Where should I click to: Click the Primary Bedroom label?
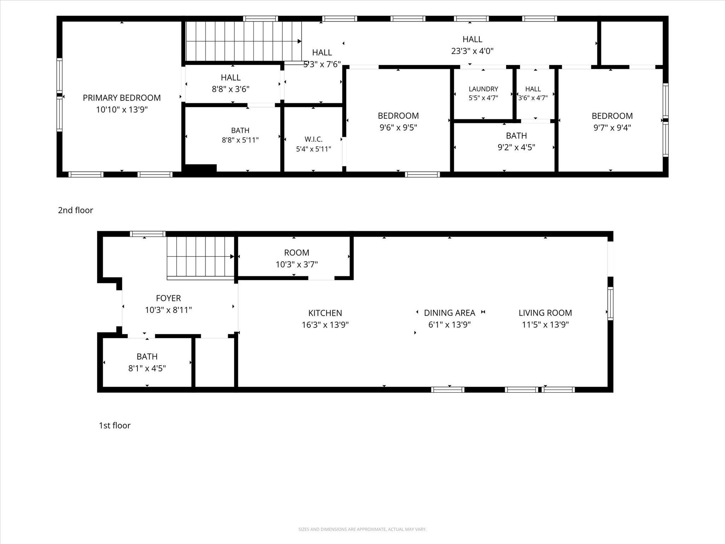122,98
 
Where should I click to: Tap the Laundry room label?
483,89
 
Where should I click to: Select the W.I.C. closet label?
313,139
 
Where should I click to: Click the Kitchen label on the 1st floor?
325,313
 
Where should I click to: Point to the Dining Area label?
450,313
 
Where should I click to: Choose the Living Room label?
545,313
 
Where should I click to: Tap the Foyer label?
169,298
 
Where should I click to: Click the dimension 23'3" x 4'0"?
472,51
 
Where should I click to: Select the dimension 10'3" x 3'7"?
297,264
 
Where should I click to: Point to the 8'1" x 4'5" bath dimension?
147,368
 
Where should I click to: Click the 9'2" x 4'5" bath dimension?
516,147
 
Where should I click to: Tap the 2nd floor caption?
75,210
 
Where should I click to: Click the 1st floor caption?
115,425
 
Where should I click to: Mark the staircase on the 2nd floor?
244,41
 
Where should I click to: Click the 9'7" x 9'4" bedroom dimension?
612,127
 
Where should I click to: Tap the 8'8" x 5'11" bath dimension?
240,140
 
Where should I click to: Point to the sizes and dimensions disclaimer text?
362,529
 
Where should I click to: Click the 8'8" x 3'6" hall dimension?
230,89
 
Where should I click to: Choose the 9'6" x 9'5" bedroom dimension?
398,127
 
